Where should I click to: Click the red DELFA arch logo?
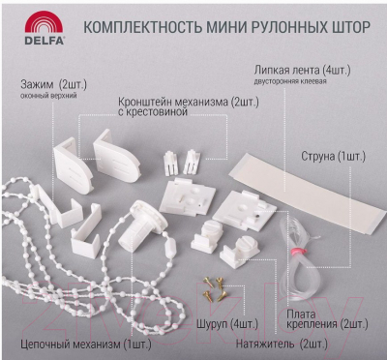coord(44,22)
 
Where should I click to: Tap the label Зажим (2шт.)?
coord(53,85)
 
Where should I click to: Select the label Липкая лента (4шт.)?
coord(302,71)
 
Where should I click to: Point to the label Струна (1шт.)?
coord(333,157)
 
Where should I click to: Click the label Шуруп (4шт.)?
coord(227,324)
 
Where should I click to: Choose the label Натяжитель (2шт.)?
coord(282,344)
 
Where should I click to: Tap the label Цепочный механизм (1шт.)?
coord(86,345)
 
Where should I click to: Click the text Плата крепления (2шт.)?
coord(327,319)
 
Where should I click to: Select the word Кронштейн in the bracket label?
coord(144,103)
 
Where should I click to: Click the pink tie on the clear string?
coord(296,250)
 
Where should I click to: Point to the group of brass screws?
coord(215,288)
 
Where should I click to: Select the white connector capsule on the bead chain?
coord(170,249)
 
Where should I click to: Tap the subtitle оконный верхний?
coord(48,96)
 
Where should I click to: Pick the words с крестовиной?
coord(153,112)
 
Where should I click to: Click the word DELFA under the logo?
coord(45,41)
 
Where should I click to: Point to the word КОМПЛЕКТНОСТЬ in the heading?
coord(142,27)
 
